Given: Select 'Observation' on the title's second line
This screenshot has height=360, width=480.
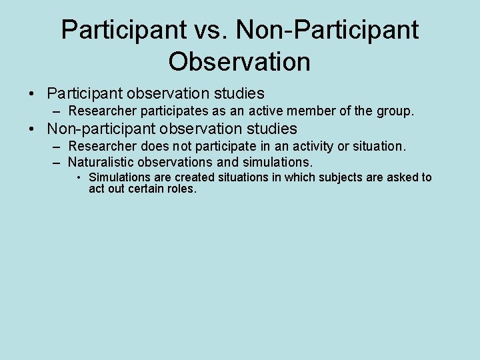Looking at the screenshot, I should coord(239,62).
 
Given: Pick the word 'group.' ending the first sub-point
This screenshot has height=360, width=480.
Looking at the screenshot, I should coord(395,111).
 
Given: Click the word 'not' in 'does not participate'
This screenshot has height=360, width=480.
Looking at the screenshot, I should coord(180,146).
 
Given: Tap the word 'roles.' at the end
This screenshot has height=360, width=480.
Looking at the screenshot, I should coord(182,189).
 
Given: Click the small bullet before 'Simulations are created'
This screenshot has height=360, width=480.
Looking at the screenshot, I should coord(79,177).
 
